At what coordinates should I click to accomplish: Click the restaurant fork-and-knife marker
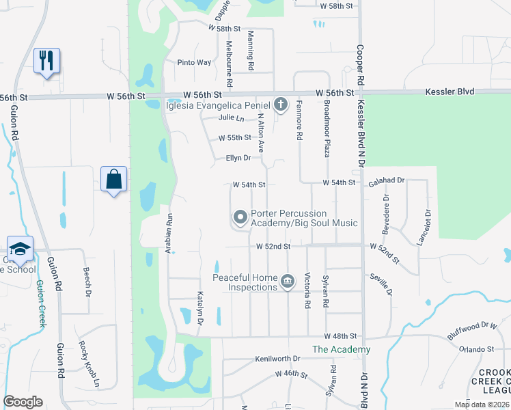coord(46,61)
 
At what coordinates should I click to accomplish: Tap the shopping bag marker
coord(113,180)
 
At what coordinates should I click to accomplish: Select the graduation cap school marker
coord(20,249)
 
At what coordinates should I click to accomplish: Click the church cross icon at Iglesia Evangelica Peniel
coord(280,105)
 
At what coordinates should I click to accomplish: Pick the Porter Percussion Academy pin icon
coord(240,217)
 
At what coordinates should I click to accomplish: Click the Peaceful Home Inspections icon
coord(288,282)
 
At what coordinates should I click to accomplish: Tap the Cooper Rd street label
coord(358,68)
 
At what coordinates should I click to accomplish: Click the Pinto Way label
coord(194,62)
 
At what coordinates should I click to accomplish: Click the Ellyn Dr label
coord(238,158)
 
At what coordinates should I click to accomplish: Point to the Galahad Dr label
coord(387,181)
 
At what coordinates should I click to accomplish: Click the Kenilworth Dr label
coord(277,358)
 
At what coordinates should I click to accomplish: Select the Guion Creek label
coord(40,303)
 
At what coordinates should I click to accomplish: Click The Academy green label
coord(341,349)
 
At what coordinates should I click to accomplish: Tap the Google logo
coord(23,402)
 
